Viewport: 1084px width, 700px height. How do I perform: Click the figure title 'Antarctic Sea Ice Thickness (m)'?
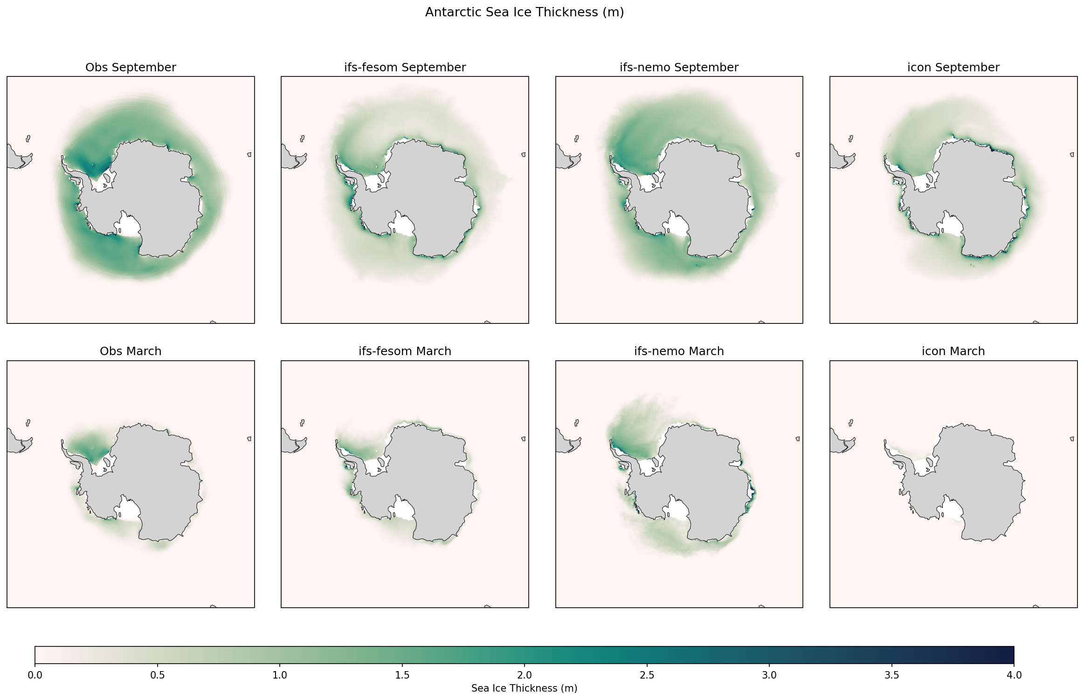click(524, 13)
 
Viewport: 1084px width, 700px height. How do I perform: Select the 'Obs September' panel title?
click(131, 68)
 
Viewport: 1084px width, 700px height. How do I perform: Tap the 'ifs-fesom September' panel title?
click(405, 68)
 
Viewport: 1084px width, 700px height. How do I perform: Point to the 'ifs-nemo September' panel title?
click(679, 68)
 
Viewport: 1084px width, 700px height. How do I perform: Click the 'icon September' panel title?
click(953, 68)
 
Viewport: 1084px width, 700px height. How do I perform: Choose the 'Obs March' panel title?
click(131, 351)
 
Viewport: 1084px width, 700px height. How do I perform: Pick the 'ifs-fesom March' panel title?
click(405, 351)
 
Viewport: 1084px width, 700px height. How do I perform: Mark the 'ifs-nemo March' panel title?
click(679, 351)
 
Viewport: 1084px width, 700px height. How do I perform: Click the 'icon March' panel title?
click(953, 351)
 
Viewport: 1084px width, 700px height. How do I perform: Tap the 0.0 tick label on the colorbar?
click(35, 675)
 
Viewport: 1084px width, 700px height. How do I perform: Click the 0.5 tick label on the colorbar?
click(157, 675)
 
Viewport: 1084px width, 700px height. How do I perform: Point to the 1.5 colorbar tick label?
click(402, 675)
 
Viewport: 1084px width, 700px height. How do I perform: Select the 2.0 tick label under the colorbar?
click(524, 675)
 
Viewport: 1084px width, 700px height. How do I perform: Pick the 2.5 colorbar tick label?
click(647, 675)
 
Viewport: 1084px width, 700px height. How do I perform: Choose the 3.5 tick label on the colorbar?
click(891, 675)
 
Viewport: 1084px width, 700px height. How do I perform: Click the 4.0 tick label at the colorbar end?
click(1014, 675)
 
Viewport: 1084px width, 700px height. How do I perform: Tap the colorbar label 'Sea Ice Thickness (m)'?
click(524, 688)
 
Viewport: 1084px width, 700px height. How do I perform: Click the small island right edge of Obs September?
click(249, 155)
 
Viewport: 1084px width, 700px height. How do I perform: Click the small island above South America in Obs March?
click(28, 423)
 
